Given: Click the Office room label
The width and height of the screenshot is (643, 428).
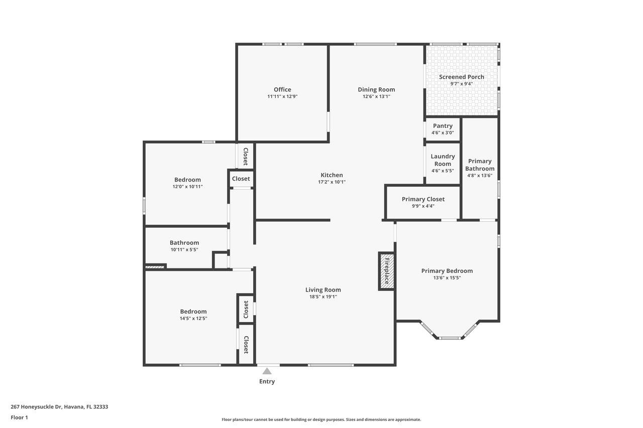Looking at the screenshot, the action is [x=282, y=89].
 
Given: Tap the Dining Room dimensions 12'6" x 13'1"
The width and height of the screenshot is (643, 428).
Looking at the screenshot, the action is [x=376, y=96].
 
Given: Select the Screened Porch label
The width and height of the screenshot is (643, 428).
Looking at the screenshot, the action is [x=461, y=77].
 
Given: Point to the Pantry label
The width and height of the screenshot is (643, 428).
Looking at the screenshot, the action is [x=443, y=126].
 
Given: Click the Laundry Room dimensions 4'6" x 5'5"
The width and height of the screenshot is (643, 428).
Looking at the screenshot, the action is [x=443, y=171].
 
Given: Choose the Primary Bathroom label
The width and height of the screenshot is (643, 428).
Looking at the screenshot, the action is [x=480, y=165].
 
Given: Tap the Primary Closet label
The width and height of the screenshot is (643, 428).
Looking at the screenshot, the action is [x=423, y=199].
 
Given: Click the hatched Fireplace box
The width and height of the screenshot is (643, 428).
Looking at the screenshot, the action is [x=387, y=271].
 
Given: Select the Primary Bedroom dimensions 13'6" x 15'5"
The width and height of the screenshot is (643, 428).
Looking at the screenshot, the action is [x=447, y=278].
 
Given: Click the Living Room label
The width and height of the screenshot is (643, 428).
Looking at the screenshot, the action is [x=323, y=290].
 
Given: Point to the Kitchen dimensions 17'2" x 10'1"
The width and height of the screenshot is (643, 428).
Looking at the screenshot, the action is [x=332, y=182].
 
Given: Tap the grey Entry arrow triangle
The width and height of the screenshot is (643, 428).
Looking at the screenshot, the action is [x=267, y=371].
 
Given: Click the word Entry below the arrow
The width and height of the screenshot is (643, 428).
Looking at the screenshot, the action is [x=267, y=381].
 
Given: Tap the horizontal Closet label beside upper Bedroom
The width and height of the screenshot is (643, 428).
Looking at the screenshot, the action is [x=241, y=179].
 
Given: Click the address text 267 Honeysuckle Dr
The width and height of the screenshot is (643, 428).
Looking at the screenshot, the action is [x=36, y=407].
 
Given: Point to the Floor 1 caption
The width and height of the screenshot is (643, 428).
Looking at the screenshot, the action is [x=19, y=417].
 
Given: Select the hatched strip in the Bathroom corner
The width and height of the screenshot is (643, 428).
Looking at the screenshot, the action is [x=155, y=267].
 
